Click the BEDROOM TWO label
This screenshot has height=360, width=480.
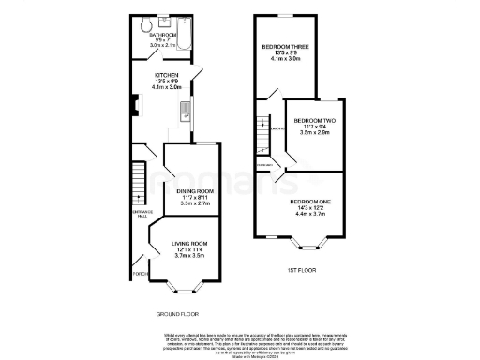tap(314, 121)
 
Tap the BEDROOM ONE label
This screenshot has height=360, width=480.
tap(309, 202)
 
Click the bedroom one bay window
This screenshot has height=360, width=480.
tap(307, 246)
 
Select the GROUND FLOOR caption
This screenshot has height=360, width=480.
tap(176, 314)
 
